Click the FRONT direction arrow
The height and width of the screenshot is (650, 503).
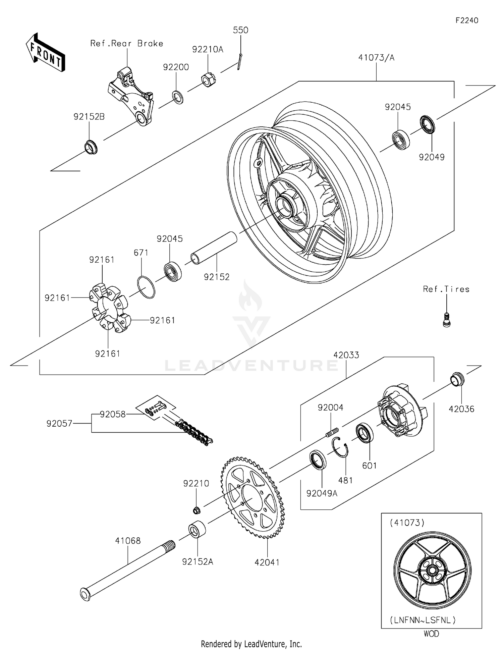click(45, 53)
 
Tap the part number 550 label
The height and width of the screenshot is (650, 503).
click(240, 30)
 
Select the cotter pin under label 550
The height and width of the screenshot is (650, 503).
click(239, 62)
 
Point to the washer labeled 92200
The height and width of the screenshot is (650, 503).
click(178, 97)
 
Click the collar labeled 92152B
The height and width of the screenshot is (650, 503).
click(91, 148)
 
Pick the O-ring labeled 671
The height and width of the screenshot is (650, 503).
click(146, 287)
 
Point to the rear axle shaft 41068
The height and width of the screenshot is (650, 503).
click(127, 570)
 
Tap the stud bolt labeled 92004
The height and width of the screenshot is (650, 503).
click(332, 432)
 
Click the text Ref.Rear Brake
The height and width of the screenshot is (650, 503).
click(127, 44)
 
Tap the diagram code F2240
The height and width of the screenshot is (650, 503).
click(466, 20)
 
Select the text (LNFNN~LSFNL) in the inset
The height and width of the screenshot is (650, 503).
click(423, 620)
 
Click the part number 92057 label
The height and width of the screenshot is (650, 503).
click(59, 424)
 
